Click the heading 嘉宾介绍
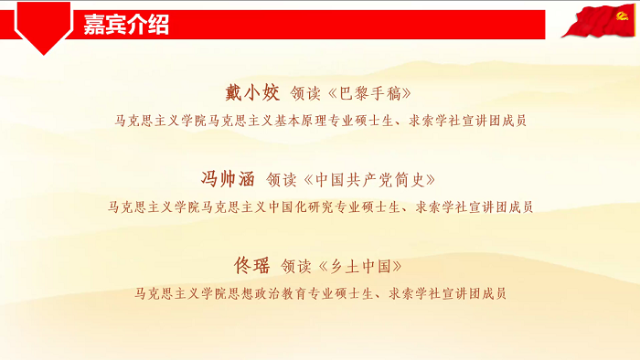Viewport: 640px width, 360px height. point(126,25)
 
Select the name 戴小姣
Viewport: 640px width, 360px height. point(252,92)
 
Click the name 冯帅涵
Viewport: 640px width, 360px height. point(229,178)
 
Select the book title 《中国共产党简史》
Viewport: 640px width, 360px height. point(369,179)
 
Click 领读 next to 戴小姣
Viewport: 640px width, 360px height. point(305,93)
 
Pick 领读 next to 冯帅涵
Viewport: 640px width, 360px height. point(282,179)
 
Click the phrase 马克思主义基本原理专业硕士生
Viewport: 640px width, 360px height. point(298,120)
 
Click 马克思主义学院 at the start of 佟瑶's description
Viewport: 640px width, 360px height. point(179,293)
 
